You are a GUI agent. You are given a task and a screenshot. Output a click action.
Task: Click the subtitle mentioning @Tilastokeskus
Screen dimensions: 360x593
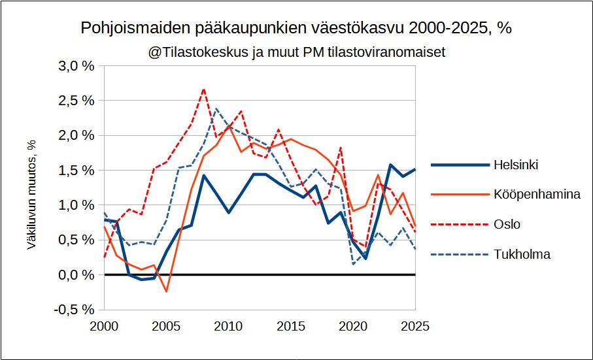point(297,52)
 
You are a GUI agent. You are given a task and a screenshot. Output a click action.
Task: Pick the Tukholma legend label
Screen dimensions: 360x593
point(522,254)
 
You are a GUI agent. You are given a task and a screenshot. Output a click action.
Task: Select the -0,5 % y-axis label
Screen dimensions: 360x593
point(76,310)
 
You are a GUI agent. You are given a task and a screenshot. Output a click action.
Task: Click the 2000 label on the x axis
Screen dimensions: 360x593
point(105,325)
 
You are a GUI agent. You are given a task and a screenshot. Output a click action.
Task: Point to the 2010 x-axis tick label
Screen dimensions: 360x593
point(229,325)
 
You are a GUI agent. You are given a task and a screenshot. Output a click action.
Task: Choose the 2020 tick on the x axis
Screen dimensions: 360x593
point(353,325)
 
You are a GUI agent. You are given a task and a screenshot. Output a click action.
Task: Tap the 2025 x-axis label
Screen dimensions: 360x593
point(415,325)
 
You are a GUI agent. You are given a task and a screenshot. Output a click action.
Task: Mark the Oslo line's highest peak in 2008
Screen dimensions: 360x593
point(204,89)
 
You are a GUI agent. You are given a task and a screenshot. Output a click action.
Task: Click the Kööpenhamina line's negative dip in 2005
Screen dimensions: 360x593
point(167,291)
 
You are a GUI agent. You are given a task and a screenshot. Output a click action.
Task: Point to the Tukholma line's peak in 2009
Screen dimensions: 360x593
point(216,108)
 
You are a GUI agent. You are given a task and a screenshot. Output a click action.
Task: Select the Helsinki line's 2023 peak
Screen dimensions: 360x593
point(390,165)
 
